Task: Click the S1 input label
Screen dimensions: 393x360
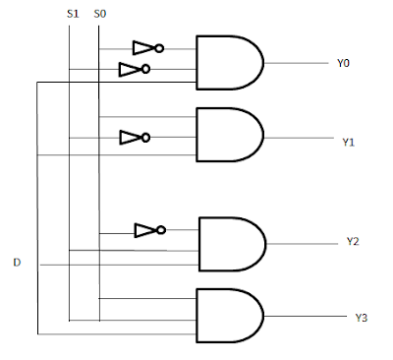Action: click(73, 14)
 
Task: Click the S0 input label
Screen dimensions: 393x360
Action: click(100, 14)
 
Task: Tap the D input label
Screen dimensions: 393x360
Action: click(17, 263)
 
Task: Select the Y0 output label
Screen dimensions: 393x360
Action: click(343, 63)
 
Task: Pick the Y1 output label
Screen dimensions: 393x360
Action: click(348, 143)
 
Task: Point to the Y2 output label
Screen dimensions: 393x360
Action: click(353, 241)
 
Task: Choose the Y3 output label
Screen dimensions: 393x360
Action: click(362, 318)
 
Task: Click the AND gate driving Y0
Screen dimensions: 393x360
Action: click(230, 63)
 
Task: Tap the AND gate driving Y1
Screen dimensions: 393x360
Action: click(230, 135)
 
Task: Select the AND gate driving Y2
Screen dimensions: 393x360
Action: click(233, 244)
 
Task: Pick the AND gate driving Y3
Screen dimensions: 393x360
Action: click(230, 316)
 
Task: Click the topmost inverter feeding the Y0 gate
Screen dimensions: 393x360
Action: click(148, 48)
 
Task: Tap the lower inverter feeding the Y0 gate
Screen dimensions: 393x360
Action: click(135, 69)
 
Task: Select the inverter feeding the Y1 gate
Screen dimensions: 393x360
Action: click(135, 138)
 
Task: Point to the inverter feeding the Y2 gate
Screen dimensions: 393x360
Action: click(150, 230)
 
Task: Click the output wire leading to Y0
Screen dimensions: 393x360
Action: click(297, 63)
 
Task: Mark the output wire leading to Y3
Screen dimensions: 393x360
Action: click(306, 316)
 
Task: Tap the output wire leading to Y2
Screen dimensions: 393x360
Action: click(303, 244)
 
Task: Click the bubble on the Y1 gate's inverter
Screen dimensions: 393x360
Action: click(146, 138)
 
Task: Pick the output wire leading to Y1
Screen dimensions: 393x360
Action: click(299, 138)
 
